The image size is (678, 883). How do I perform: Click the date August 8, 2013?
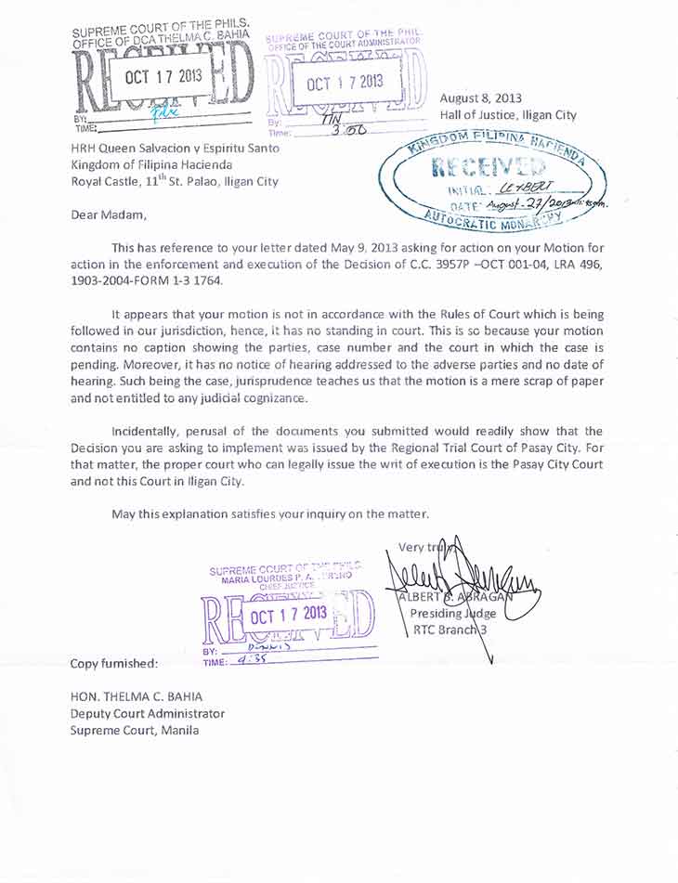coord(481,97)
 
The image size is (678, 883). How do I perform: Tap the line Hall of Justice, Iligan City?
coord(508,115)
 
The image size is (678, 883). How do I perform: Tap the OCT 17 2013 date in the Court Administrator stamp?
coord(346,82)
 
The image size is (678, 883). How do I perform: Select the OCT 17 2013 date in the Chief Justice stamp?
coord(289,614)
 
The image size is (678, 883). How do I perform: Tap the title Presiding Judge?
coord(453,613)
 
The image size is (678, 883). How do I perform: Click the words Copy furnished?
coord(114,664)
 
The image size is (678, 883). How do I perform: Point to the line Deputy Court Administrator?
coord(148,713)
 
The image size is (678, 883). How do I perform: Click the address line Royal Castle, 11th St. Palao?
coord(174,181)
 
